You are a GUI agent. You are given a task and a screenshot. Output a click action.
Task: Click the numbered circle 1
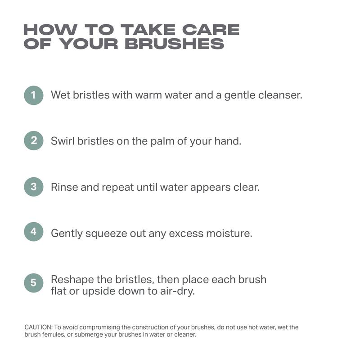pyautogui.click(x=33, y=95)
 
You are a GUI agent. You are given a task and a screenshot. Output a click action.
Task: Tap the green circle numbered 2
pyautogui.click(x=33, y=140)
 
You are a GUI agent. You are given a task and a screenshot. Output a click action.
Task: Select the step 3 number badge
pyautogui.click(x=33, y=187)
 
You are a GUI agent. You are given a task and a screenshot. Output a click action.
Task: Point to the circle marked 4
pyautogui.click(x=33, y=232)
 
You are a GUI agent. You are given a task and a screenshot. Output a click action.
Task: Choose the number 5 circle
pyautogui.click(x=33, y=283)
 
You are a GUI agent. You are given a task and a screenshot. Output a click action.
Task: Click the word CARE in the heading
pyautogui.click(x=211, y=30)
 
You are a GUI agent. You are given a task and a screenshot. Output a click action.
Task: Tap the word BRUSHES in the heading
pyautogui.click(x=174, y=44)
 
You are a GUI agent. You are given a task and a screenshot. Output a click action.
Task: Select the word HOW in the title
pyautogui.click(x=50, y=30)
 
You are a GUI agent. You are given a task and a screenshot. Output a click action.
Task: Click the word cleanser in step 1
pyautogui.click(x=280, y=95)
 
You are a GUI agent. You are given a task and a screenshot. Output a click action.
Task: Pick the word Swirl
pyautogui.click(x=63, y=141)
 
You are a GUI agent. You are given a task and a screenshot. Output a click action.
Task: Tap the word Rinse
pyautogui.click(x=64, y=187)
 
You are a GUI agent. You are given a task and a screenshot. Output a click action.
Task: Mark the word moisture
pyautogui.click(x=229, y=233)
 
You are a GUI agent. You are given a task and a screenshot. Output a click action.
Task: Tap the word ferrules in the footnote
pyautogui.click(x=54, y=334)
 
